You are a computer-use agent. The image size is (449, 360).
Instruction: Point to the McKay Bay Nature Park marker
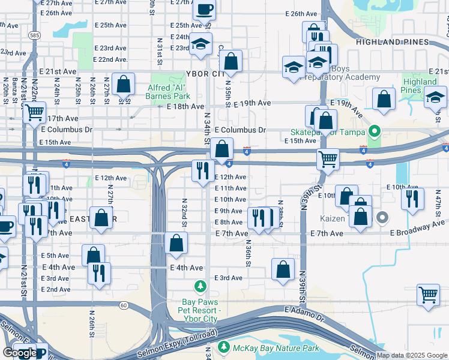pos(224,347)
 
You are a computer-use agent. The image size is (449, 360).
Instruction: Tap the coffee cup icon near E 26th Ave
pos(204,10)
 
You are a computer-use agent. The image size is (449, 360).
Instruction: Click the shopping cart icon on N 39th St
pos(328,160)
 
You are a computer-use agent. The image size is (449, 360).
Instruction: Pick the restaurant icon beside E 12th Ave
pos(203,170)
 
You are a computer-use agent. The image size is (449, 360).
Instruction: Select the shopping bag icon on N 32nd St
pos(176,244)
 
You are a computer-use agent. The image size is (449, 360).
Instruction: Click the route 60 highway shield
pos(124,305)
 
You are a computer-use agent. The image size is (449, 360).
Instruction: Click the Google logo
pos(20,353)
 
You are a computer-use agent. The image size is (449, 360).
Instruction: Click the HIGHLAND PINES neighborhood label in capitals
pos(401,43)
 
